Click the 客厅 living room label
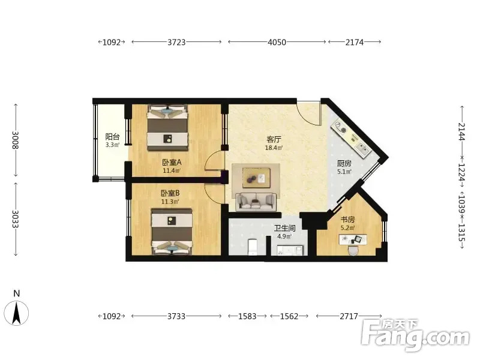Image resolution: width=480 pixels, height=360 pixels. pyautogui.click(x=274, y=140)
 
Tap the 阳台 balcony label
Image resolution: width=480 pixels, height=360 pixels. pyautogui.click(x=112, y=137)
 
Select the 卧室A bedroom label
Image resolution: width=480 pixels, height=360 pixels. pyautogui.click(x=172, y=162)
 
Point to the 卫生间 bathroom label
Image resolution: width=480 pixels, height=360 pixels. pyautogui.click(x=284, y=228)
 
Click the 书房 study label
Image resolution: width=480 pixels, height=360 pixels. pyautogui.click(x=348, y=220)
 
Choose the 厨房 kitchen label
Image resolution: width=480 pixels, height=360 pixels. pyautogui.click(x=344, y=163)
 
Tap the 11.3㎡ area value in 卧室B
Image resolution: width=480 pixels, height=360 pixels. pyautogui.click(x=170, y=202)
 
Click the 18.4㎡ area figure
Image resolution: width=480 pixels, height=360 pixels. pyautogui.click(x=274, y=148)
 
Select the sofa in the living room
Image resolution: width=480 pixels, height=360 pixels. pyautogui.click(x=256, y=202)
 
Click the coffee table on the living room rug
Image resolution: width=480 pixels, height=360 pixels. pyautogui.click(x=257, y=178)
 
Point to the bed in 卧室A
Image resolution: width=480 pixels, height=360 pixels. pyautogui.click(x=167, y=128)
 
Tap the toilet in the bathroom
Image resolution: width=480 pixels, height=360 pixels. pyautogui.click(x=252, y=247)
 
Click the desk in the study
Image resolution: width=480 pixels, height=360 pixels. pyautogui.click(x=353, y=239)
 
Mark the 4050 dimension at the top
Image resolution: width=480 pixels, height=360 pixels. pyautogui.click(x=277, y=42)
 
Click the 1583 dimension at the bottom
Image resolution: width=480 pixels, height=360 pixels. pyautogui.click(x=247, y=316)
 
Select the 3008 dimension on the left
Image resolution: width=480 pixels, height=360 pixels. pyautogui.click(x=16, y=140)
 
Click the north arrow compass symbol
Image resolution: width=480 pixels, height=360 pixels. pyautogui.click(x=17, y=313)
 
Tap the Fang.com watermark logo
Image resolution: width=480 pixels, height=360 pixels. pyautogui.click(x=415, y=335)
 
